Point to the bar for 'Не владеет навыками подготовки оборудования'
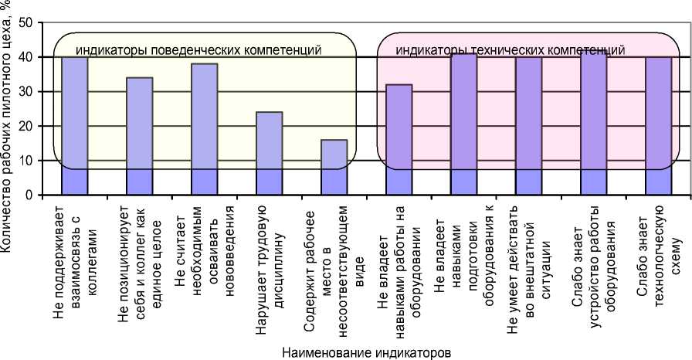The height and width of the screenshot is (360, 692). tap(463, 124)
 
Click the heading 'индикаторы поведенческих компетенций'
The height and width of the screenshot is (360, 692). tap(198, 51)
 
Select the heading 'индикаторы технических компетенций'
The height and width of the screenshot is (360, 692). tap(511, 51)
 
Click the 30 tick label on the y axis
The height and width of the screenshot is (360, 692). tap(25, 91)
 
